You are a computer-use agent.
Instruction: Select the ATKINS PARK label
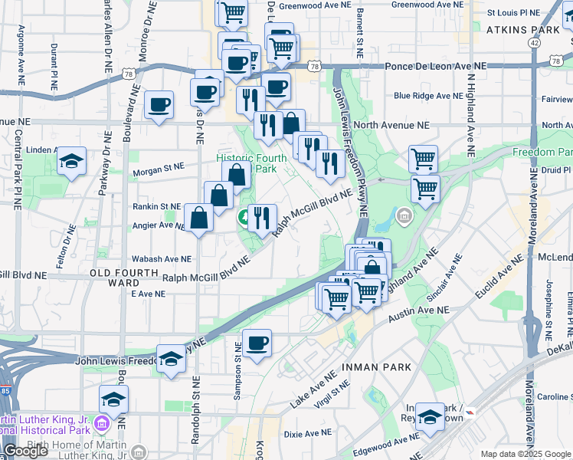point(523,30)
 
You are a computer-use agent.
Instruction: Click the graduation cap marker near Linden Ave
point(71,161)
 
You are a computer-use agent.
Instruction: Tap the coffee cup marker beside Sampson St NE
point(257,343)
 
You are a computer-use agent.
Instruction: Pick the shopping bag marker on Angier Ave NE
point(199,218)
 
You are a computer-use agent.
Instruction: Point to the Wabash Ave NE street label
point(161,259)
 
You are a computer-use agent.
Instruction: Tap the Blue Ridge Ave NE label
point(423,96)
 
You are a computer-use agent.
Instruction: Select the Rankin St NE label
point(156,206)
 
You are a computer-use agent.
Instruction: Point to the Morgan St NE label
point(158,166)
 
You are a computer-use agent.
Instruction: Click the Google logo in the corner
point(25,451)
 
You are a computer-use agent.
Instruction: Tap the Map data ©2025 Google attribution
point(525,454)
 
